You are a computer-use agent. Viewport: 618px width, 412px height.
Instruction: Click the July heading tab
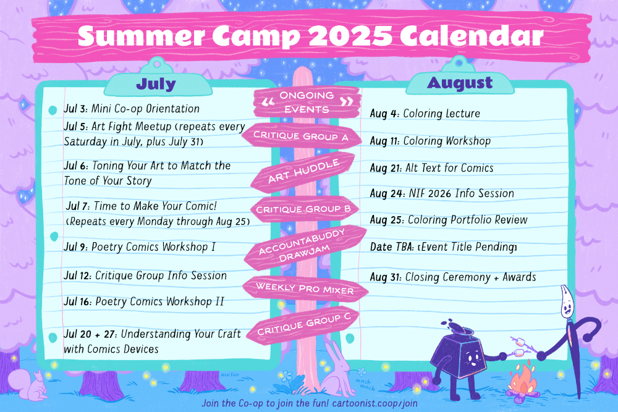(156, 84)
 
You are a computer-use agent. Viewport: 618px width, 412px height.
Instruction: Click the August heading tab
(460, 83)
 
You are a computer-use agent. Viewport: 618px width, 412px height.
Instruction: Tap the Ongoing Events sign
(307, 102)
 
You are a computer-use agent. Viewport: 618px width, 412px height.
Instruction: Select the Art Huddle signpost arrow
(303, 172)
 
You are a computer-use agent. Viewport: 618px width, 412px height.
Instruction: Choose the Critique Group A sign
(301, 136)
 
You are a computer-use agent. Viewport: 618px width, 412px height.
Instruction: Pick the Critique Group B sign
(303, 209)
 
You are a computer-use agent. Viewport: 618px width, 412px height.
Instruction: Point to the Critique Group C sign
(303, 325)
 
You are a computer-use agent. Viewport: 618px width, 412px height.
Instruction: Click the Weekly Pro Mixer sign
(305, 288)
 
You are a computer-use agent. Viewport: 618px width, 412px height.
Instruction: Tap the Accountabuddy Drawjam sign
(304, 247)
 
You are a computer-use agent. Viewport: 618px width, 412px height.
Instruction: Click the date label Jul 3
(76, 109)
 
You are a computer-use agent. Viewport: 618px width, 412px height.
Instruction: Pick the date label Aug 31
(385, 277)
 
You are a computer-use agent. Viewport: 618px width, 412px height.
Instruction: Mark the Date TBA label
(392, 247)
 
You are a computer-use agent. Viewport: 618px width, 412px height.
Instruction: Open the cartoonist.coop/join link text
(375, 403)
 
